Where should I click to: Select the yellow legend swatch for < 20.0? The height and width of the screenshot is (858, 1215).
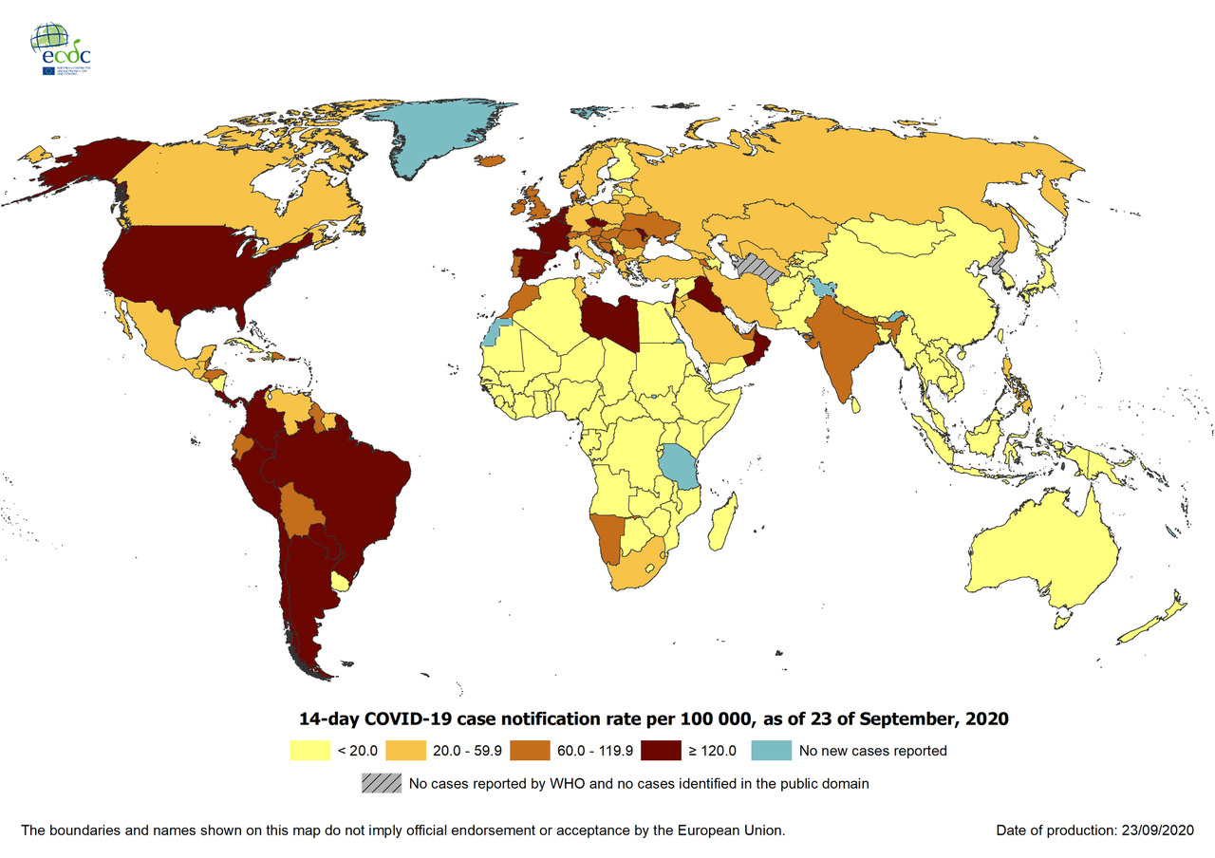(x=309, y=751)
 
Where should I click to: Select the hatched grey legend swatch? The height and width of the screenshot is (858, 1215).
(x=380, y=784)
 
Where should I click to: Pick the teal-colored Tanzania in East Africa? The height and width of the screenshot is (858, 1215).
(x=680, y=465)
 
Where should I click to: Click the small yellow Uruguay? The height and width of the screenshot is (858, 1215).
(x=340, y=579)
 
